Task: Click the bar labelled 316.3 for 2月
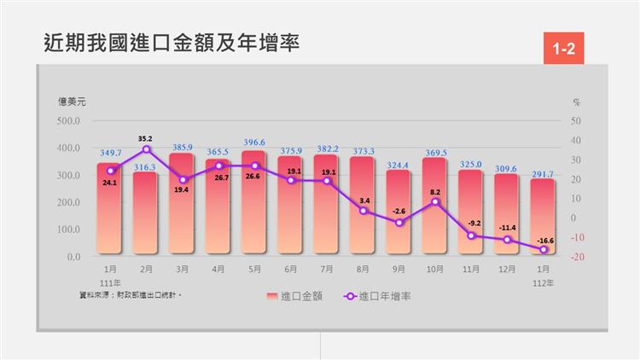[x=146, y=213]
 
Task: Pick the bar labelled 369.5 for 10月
[x=434, y=206]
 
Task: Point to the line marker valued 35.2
[x=146, y=149]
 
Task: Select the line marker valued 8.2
[x=434, y=201]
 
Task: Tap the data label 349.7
[x=110, y=153]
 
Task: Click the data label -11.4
[x=507, y=228]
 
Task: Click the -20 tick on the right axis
[x=577, y=257]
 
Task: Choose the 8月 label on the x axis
[x=363, y=269]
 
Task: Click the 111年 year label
[x=110, y=282]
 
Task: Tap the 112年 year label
[x=543, y=282]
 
